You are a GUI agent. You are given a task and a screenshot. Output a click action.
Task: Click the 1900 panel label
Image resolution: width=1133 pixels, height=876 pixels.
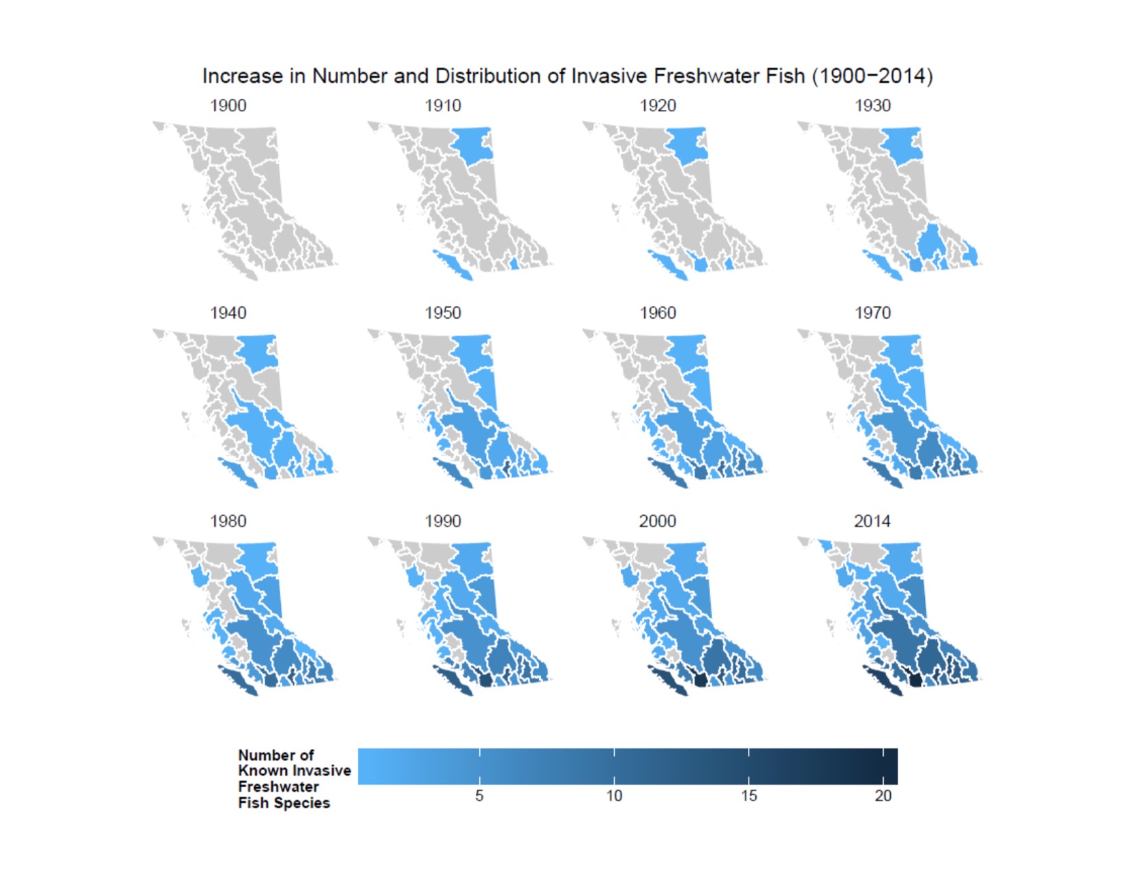[228, 106]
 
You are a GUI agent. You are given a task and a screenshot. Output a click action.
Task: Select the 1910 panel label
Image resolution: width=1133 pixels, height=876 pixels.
[443, 106]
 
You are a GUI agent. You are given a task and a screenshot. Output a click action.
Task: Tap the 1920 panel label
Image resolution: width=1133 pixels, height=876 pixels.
[658, 106]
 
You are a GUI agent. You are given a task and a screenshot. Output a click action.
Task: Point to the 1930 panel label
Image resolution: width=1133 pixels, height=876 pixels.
[873, 106]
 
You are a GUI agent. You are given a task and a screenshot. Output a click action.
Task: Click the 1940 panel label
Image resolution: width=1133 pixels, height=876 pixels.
[228, 313]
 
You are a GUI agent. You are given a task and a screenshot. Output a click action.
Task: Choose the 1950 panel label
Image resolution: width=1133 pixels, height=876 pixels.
[443, 313]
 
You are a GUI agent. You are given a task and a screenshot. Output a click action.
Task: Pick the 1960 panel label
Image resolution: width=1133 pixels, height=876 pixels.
[658, 313]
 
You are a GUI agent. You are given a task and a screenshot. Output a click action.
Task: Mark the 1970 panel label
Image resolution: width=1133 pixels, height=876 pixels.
[873, 313]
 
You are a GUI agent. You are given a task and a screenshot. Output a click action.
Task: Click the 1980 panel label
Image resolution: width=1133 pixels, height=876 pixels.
[228, 521]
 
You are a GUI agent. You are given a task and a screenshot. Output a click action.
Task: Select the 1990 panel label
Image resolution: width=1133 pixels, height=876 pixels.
[443, 521]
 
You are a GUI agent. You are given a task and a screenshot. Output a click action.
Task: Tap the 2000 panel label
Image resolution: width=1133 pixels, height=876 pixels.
[658, 521]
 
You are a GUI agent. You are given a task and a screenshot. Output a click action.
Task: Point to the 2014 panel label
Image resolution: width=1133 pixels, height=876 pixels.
[873, 521]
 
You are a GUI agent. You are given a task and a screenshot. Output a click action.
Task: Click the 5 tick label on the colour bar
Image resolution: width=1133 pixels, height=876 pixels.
[479, 796]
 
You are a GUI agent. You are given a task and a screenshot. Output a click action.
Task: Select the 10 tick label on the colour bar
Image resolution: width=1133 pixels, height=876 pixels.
[614, 796]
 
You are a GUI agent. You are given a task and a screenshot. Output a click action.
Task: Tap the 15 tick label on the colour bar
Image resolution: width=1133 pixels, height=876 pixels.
[748, 796]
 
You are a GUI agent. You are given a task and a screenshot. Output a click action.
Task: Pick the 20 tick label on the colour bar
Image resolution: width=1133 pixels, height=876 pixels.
[883, 796]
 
